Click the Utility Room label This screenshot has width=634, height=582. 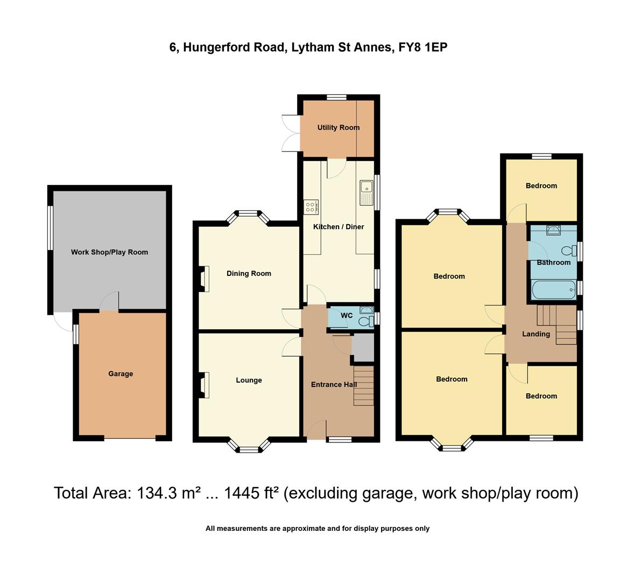point(338,128)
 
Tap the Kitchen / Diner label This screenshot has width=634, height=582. point(339,227)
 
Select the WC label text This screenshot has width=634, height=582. point(347,316)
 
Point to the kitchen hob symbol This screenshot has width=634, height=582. point(311,207)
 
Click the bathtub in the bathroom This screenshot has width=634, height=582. point(553,290)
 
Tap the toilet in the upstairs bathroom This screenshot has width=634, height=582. point(567,251)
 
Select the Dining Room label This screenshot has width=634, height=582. point(249,274)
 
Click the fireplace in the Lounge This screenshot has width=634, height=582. point(204,385)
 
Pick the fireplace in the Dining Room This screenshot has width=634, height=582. point(204,279)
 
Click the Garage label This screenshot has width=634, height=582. point(121,374)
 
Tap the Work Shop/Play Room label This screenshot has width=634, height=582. point(109,252)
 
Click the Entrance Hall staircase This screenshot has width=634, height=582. point(363,386)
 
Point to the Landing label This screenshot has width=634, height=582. point(536,334)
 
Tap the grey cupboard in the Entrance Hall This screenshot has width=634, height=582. point(362,348)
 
